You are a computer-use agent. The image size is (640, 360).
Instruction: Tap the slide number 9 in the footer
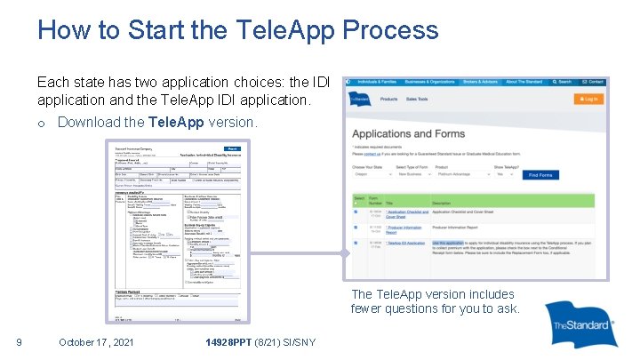(19, 342)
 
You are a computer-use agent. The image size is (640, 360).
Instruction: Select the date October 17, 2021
(96, 342)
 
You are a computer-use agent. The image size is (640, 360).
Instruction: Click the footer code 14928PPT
(228, 342)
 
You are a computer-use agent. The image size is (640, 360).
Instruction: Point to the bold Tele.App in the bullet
(176, 122)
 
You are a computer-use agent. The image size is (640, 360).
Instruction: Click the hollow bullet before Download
(42, 123)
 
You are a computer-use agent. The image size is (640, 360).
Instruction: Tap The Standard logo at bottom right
(580, 325)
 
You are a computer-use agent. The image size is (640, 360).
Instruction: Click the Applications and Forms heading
(409, 134)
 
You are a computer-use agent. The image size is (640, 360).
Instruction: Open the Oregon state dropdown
(369, 175)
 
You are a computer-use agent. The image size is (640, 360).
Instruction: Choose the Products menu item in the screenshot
(389, 100)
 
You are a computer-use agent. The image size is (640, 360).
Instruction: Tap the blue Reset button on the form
(233, 148)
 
